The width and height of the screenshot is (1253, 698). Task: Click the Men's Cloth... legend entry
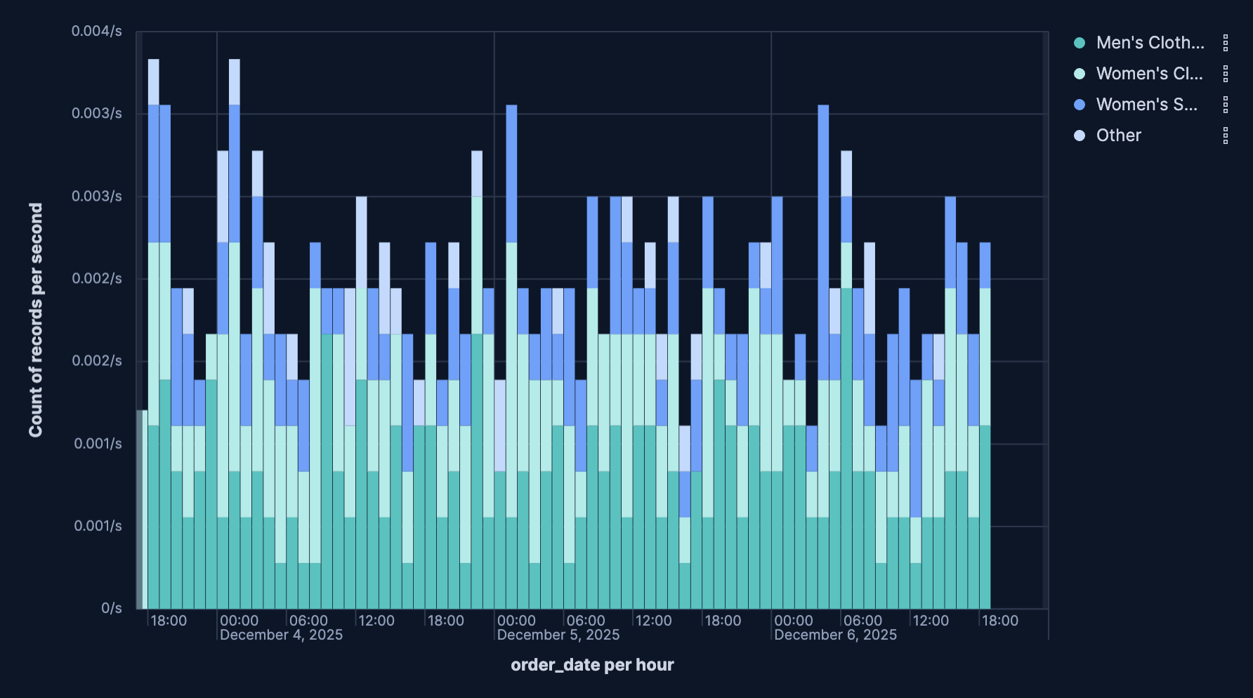point(1149,43)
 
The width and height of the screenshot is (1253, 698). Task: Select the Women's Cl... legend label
point(1149,74)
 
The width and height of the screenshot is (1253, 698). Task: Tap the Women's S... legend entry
point(1146,105)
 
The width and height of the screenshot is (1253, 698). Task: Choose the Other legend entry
point(1118,136)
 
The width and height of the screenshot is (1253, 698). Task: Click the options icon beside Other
point(1226,136)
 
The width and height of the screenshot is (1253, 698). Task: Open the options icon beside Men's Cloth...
point(1226,43)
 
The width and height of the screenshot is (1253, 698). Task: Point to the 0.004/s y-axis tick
point(97,31)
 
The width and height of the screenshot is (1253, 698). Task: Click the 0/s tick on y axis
point(112,608)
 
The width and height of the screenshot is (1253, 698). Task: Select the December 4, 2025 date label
point(281,635)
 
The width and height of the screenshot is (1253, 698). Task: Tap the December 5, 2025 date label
point(558,635)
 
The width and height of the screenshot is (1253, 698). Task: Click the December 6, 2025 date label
point(835,635)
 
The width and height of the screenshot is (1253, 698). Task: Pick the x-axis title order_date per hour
point(592,665)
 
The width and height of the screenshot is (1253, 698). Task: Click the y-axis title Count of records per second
point(36,320)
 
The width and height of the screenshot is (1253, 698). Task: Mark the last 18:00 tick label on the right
point(999,621)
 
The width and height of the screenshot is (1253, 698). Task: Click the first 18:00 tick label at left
point(169,621)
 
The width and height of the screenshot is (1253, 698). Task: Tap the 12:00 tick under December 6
point(931,621)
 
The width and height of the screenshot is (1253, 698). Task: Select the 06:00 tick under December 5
point(585,621)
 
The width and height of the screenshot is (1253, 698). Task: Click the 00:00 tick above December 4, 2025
point(239,621)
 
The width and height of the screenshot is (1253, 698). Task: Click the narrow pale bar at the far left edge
point(140,509)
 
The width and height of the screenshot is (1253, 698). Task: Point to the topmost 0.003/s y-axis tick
point(97,113)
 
